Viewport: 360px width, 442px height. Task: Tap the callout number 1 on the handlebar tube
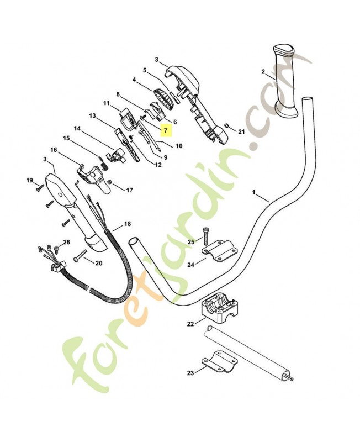pyautogui.click(x=253, y=193)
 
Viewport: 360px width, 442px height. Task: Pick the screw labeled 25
pyautogui.click(x=205, y=236)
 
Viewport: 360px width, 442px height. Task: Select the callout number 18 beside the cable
pyautogui.click(x=128, y=224)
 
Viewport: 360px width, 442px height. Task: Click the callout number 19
pyautogui.click(x=30, y=180)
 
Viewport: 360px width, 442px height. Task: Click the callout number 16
pyautogui.click(x=54, y=150)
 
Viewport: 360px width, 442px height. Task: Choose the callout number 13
pyautogui.click(x=92, y=116)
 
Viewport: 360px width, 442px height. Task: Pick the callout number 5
pyautogui.click(x=145, y=70)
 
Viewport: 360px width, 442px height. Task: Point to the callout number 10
pyautogui.click(x=178, y=146)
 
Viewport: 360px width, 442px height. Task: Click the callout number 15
pyautogui.click(x=66, y=138)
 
